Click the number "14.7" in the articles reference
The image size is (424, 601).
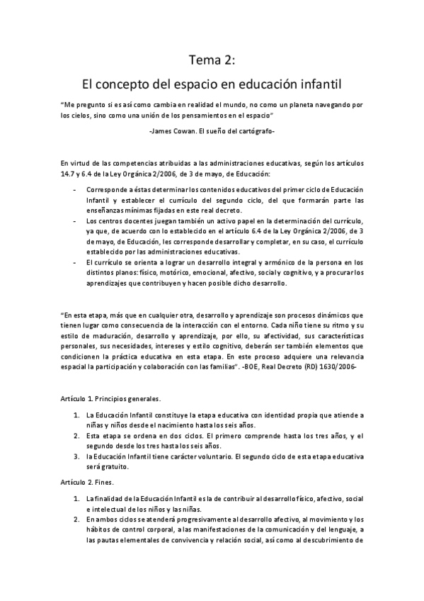click(x=68, y=173)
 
